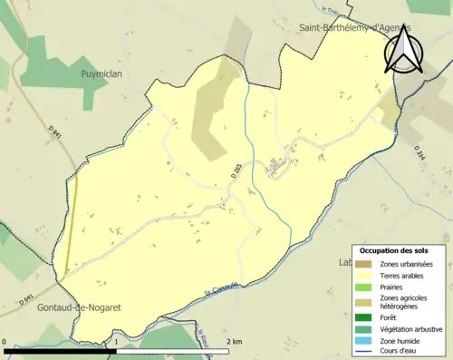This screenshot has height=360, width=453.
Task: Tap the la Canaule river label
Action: point(224,290)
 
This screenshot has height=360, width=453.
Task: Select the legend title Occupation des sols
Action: point(394,250)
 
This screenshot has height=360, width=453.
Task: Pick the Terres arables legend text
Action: point(402,274)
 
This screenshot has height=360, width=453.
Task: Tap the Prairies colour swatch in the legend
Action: point(366,286)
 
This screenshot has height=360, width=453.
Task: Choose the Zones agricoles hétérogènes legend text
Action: point(405,302)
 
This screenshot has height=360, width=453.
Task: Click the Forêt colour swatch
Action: point(366,317)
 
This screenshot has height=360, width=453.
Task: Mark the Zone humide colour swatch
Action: point(366,341)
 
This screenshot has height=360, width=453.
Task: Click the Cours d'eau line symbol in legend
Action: point(366,352)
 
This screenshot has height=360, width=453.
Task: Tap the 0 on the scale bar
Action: point(5,341)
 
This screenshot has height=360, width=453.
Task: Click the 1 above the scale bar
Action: point(117,341)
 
